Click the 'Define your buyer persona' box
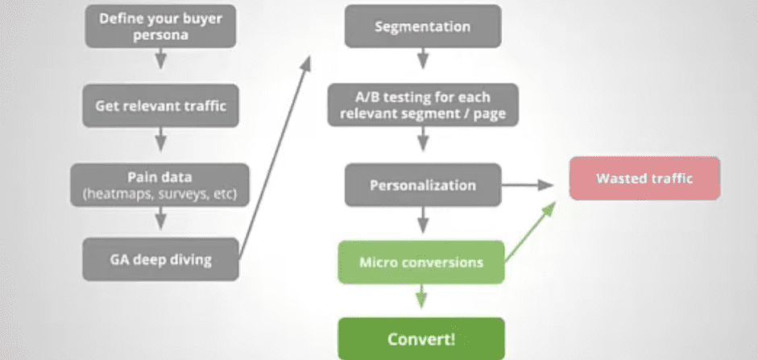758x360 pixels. pyautogui.click(x=160, y=26)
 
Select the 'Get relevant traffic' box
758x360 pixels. pyautogui.click(x=160, y=105)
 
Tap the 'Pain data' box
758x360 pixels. pyautogui.click(x=160, y=184)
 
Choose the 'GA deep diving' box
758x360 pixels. pyautogui.click(x=160, y=259)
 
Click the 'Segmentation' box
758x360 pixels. pyautogui.click(x=423, y=27)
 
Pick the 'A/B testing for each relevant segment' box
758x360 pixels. pyautogui.click(x=423, y=106)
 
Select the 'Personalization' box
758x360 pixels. pyautogui.click(x=423, y=185)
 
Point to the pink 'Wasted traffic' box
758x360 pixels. pyautogui.click(x=644, y=178)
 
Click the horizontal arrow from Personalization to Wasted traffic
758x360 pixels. pyautogui.click(x=527, y=185)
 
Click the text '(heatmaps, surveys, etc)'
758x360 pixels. pyautogui.click(x=160, y=193)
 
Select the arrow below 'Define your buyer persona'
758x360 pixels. pyautogui.click(x=160, y=60)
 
